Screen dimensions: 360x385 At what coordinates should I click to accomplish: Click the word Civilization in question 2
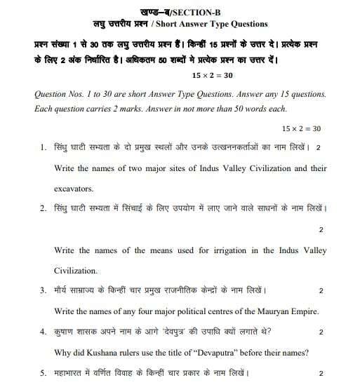pos(76,271)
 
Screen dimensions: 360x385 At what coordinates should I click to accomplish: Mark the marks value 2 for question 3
pos(321,291)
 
